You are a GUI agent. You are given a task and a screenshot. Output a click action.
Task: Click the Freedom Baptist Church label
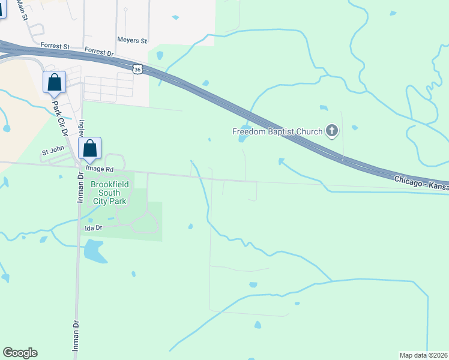coord(277,131)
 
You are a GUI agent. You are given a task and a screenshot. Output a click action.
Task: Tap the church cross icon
coord(331,130)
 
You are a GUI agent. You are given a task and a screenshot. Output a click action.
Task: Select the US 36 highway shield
coord(138,70)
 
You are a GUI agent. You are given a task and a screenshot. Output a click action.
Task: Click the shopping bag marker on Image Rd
coord(90,148)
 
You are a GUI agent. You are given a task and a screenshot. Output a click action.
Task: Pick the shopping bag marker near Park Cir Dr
coord(54,82)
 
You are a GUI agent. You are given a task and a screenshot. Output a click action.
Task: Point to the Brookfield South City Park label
coord(109,193)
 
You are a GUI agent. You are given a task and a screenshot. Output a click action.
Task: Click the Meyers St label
coord(132,41)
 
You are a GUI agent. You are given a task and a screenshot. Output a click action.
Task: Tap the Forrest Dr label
coord(99,52)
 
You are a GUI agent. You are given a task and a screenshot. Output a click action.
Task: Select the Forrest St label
coord(55,46)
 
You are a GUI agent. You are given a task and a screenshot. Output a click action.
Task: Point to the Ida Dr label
coord(94,229)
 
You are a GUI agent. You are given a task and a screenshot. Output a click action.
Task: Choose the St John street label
coord(52,154)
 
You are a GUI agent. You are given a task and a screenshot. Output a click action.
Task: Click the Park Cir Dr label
coord(58,117)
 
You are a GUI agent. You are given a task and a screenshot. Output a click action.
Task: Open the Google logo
coord(20,353)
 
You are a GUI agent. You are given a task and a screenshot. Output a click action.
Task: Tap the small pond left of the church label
coord(243,139)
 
